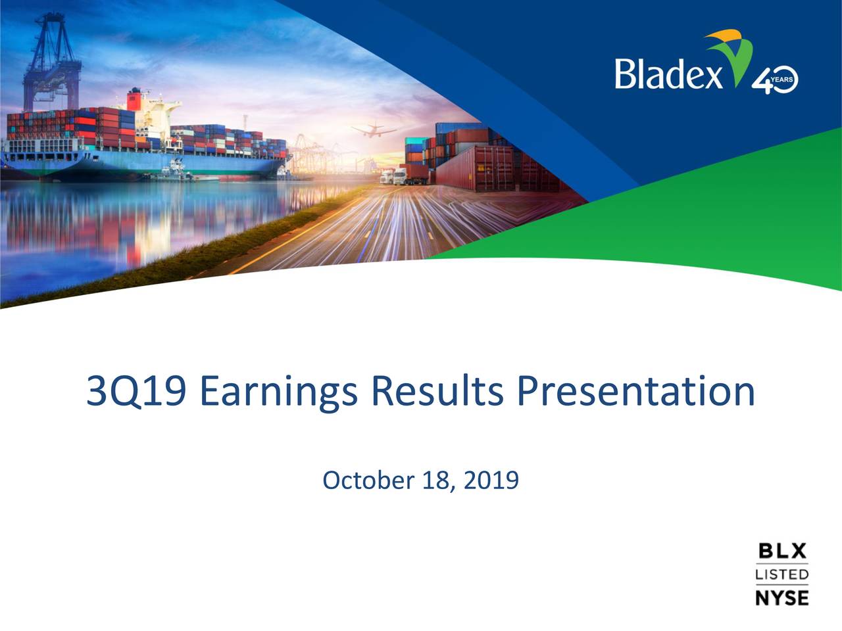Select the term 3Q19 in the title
tap(136, 391)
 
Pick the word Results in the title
tap(437, 391)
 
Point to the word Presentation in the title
tap(635, 391)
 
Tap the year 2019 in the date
tap(491, 480)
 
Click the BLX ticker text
tap(782, 551)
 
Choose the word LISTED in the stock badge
tap(782, 574)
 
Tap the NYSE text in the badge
tap(782, 597)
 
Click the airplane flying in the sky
tap(373, 129)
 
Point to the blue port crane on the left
tap(53, 59)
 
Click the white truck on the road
tap(399, 175)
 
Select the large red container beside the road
tap(474, 168)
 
